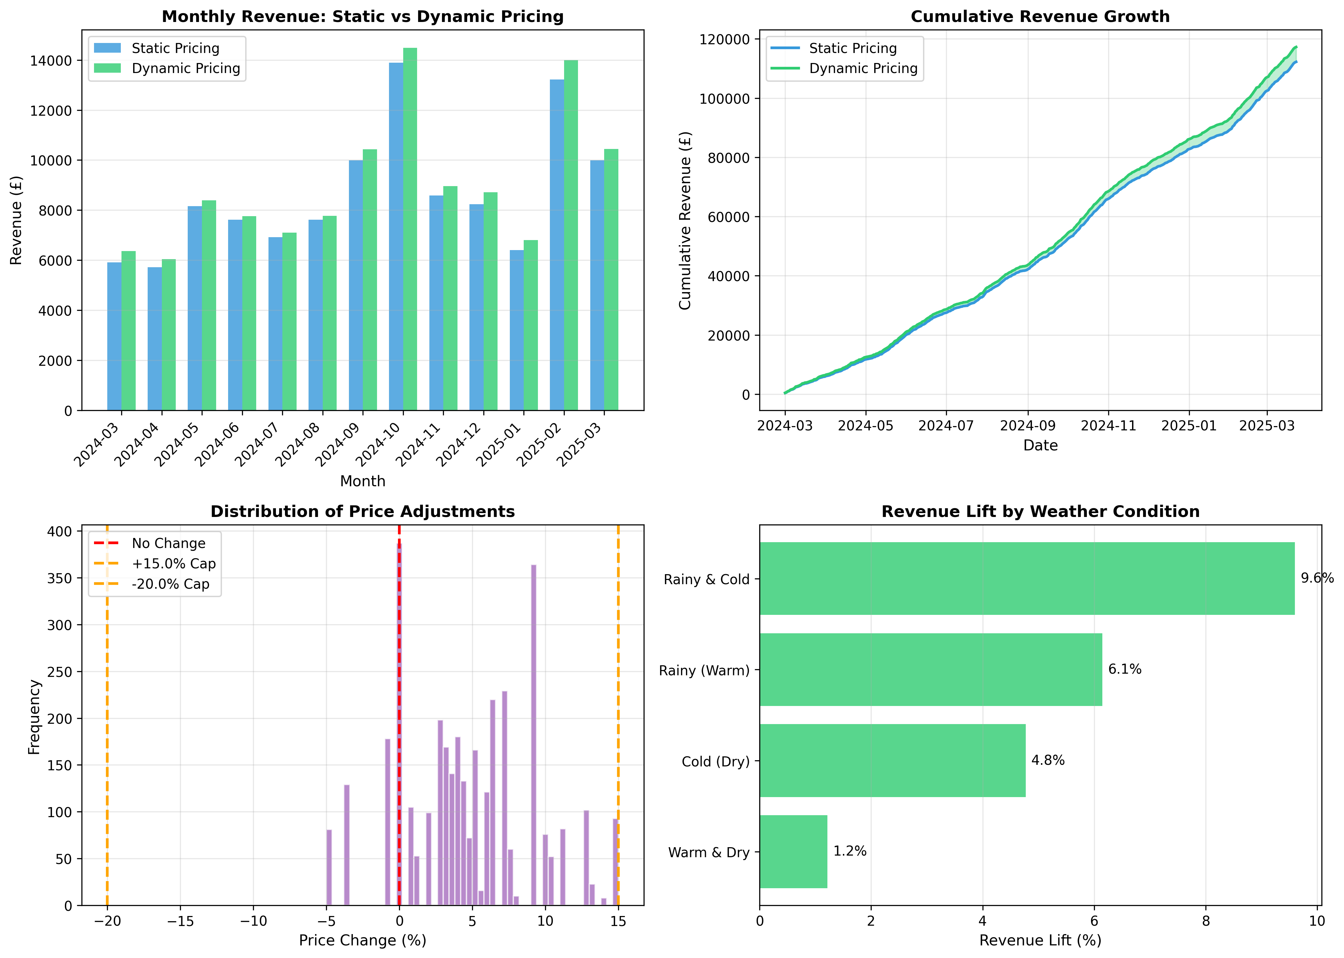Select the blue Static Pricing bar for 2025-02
point(557,245)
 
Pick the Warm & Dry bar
point(793,851)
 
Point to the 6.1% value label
point(1125,669)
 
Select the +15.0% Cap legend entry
point(173,563)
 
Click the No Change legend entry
point(168,543)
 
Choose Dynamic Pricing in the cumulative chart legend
point(863,68)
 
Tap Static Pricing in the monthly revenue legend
point(175,48)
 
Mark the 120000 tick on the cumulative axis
point(724,39)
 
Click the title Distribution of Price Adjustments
point(363,511)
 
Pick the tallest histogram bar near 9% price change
point(533,734)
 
